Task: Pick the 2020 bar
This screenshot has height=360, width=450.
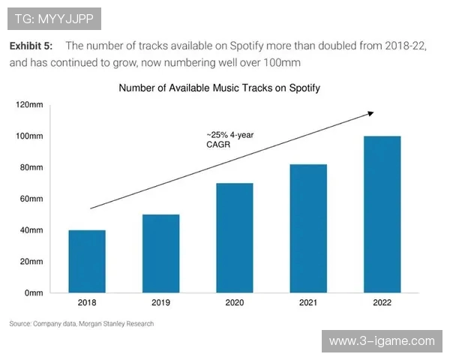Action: click(x=235, y=238)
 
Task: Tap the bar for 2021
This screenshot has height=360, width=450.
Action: click(x=308, y=228)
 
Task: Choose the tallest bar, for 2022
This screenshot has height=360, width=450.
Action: click(x=382, y=214)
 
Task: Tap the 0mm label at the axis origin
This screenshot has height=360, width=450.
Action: click(x=34, y=292)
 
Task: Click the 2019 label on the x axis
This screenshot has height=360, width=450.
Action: click(x=161, y=303)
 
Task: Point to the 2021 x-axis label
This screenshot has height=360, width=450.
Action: click(x=308, y=303)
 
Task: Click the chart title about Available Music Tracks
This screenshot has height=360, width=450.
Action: click(x=220, y=88)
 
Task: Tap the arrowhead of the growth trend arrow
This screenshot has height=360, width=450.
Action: click(x=370, y=113)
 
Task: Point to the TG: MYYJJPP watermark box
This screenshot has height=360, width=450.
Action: click(x=52, y=16)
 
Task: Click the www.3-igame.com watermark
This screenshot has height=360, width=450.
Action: click(x=382, y=341)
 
